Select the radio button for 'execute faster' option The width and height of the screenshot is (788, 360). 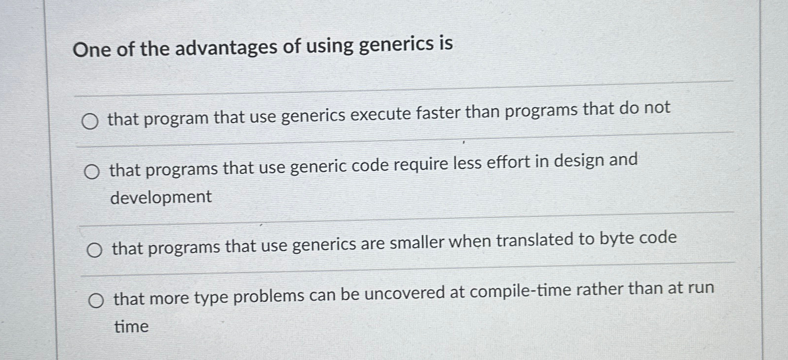tap(89, 121)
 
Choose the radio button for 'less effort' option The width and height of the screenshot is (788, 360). tap(91, 172)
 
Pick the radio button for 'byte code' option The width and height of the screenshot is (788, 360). tap(94, 251)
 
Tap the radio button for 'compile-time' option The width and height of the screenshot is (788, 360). tap(96, 300)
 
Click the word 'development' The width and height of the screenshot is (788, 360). tap(161, 197)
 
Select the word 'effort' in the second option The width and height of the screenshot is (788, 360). tap(507, 163)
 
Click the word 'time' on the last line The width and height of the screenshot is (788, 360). tap(131, 327)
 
